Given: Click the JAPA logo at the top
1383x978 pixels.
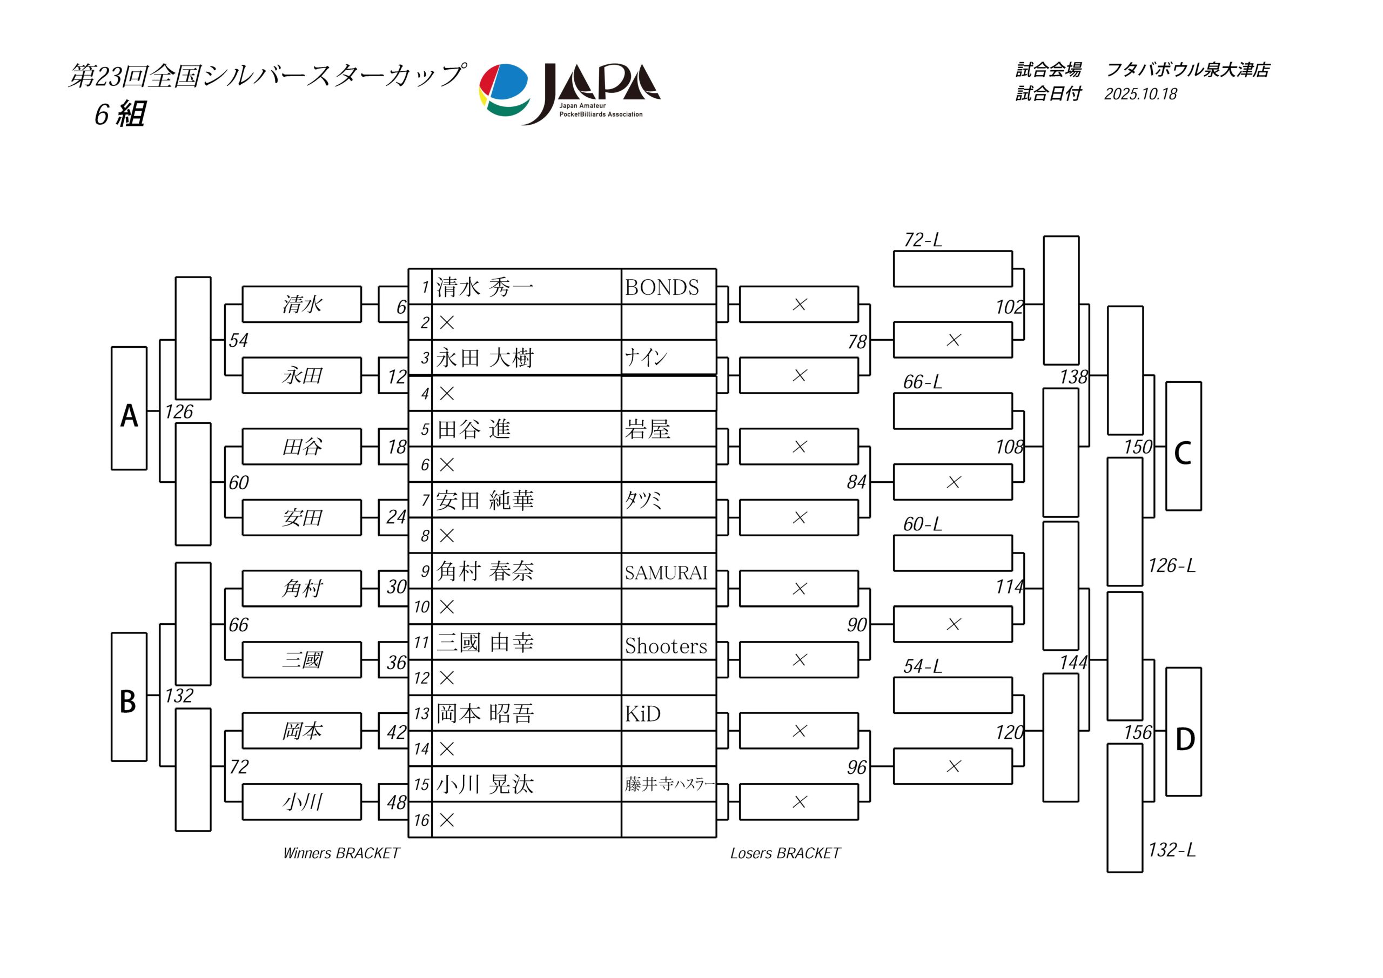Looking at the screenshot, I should pos(569,93).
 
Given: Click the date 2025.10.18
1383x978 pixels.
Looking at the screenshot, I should pos(1140,94).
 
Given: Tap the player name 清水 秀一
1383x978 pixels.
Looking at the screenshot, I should pos(485,287).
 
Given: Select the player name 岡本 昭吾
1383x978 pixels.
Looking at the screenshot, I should pos(485,713).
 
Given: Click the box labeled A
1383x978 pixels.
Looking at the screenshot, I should pos(129,408).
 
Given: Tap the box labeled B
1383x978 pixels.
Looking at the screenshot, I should pos(129,697).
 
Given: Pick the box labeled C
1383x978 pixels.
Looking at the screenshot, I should pos(1183,446).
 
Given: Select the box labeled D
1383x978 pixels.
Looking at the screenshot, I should pos(1183,732).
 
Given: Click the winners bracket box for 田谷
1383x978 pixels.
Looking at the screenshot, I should pos(302,446).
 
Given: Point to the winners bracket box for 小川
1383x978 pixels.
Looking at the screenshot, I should pos(302,801).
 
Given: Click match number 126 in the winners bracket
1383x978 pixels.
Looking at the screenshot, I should pos(179,412).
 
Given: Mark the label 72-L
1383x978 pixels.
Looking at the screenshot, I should pos(922,240).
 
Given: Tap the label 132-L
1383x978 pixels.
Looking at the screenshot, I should pos(1171,849).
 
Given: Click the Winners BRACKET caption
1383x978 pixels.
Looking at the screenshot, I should pos(341,853).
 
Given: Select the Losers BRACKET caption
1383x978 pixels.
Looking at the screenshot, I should pos(785,853).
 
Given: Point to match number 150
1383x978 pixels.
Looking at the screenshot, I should pos(1137,447).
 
